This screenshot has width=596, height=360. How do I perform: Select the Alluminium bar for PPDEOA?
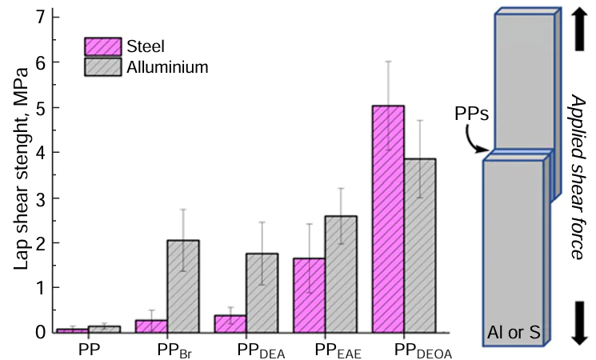tap(420, 245)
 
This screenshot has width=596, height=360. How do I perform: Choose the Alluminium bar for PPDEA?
tap(262, 292)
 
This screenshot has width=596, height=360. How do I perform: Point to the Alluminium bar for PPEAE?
tap(341, 274)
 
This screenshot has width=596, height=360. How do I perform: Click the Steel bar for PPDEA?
tap(230, 323)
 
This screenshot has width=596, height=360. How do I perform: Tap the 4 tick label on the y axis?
tap(43, 152)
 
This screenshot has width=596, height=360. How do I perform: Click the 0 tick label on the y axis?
tap(43, 332)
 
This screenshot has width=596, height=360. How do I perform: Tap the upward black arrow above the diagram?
tap(578, 24)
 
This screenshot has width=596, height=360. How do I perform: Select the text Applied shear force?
tap(578, 176)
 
